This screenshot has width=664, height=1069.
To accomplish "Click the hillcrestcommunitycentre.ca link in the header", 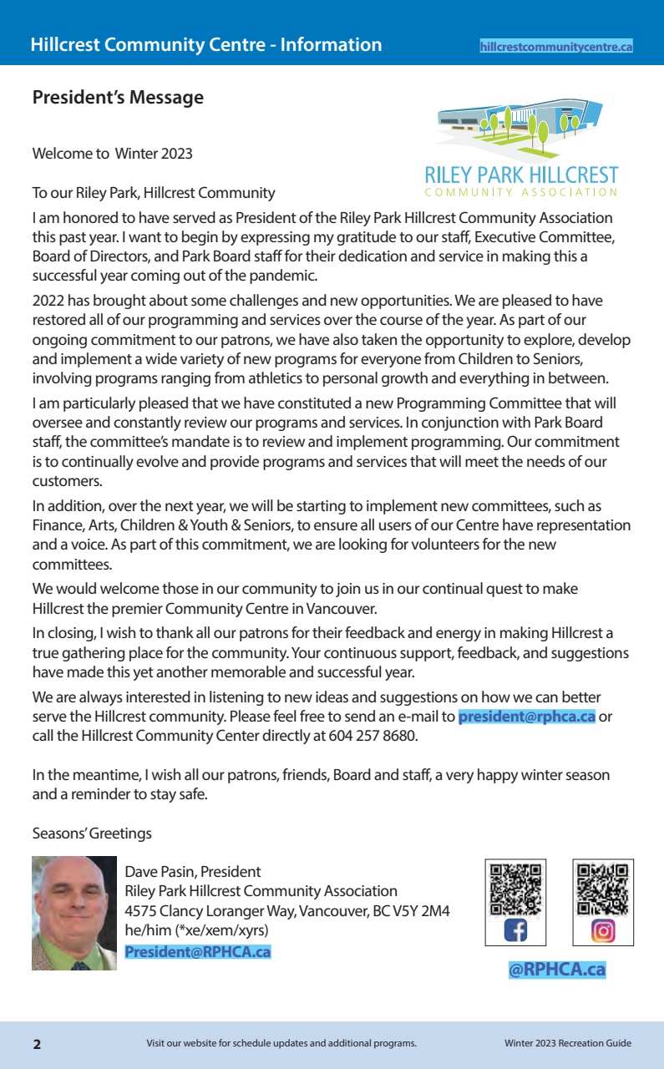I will click(556, 47).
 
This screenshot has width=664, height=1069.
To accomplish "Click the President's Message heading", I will click(118, 98).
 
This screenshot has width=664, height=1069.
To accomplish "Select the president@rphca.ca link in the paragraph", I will click(526, 717).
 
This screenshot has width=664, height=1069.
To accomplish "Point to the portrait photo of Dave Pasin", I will click(74, 913).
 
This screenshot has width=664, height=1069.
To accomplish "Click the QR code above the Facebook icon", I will click(515, 888).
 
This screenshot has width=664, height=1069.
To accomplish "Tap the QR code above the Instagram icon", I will click(603, 888).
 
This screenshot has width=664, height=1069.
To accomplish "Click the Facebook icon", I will click(515, 930).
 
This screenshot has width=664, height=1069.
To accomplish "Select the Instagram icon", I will click(603, 930).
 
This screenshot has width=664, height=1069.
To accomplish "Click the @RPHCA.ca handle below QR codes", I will click(557, 970).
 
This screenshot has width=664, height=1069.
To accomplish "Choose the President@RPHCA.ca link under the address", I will click(198, 951).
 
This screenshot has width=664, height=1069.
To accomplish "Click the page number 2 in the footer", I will click(37, 1044).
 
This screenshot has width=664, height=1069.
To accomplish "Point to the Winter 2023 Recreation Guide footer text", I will click(567, 1043).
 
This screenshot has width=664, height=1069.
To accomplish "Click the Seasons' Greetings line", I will click(92, 833).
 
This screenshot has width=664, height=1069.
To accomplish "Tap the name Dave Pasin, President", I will click(193, 872).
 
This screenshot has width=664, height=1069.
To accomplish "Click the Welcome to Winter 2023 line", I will click(112, 154).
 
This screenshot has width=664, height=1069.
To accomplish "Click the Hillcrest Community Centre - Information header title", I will click(206, 45).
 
